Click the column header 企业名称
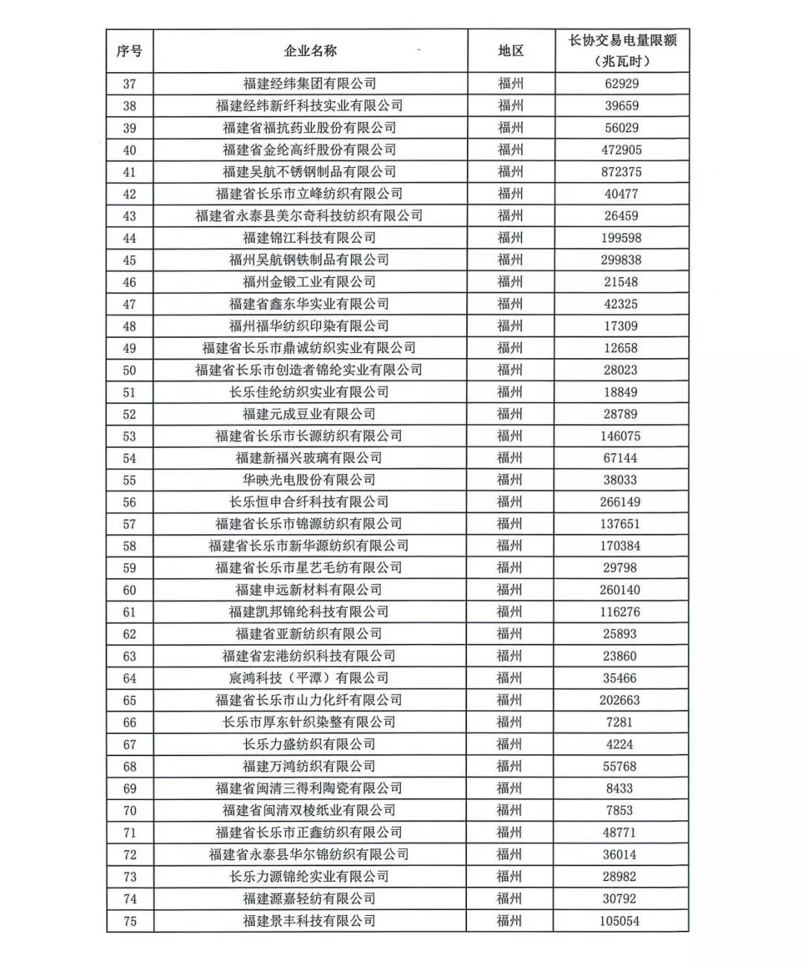(310, 51)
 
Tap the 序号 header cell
(129, 51)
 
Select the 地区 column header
(510, 51)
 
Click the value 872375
(622, 172)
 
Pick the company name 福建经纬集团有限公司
(309, 83)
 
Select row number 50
(129, 370)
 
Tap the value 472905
(622, 149)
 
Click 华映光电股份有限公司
(309, 480)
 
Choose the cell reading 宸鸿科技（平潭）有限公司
(309, 678)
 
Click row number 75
(129, 920)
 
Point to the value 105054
(620, 920)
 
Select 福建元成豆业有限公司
(309, 414)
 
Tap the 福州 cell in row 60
(510, 590)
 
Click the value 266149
(620, 501)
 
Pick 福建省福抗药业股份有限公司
(309, 128)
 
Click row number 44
(129, 238)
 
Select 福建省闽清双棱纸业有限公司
(309, 810)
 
